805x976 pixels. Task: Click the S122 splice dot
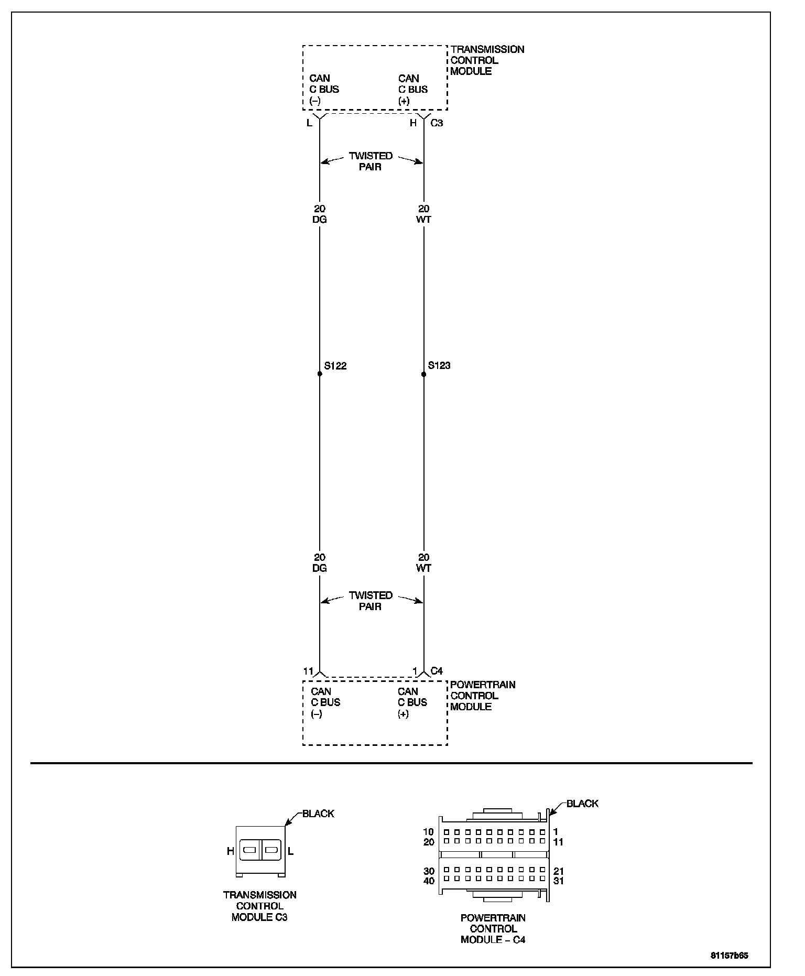(319, 374)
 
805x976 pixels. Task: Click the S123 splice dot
(423, 374)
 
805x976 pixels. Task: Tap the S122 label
(335, 366)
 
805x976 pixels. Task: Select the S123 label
(439, 365)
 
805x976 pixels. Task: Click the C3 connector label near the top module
(437, 123)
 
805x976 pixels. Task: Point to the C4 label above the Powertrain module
(437, 671)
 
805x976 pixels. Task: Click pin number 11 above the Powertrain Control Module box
(308, 671)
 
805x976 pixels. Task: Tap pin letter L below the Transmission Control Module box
(309, 123)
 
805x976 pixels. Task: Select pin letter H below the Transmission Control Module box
(414, 123)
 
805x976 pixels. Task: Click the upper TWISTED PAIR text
(371, 161)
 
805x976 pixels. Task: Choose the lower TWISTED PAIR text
(371, 601)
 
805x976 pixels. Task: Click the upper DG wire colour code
(319, 220)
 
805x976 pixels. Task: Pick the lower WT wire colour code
(423, 568)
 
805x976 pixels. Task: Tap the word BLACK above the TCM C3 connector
(318, 814)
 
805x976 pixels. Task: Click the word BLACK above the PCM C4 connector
(582, 804)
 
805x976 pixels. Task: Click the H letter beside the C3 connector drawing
(230, 851)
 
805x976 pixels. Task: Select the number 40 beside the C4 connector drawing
(429, 881)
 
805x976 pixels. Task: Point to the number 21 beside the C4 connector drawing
(558, 871)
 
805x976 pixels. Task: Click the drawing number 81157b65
(729, 955)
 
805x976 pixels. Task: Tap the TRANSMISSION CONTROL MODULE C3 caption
(259, 906)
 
